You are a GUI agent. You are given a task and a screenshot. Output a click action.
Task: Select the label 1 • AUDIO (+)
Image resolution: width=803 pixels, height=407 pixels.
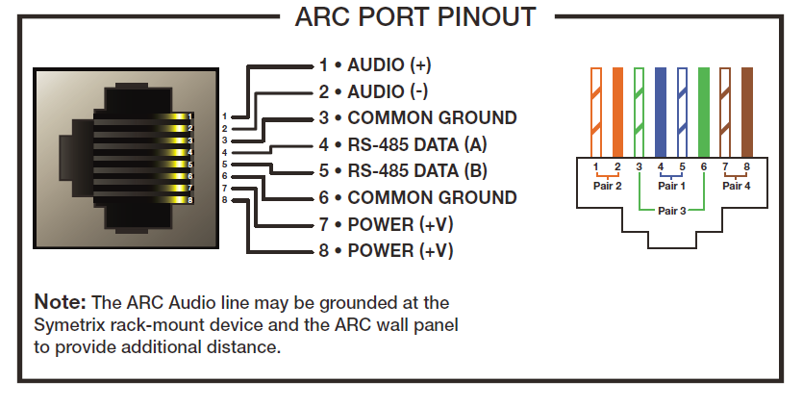click(375, 66)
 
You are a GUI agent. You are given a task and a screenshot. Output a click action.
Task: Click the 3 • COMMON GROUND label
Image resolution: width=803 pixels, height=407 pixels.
click(417, 118)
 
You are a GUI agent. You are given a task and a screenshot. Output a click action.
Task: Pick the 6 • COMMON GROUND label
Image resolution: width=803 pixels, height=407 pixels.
click(417, 197)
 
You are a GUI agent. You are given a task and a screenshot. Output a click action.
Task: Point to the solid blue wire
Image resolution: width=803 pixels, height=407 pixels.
click(661, 111)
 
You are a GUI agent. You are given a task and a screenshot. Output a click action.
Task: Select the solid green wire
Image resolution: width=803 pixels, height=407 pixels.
click(704, 111)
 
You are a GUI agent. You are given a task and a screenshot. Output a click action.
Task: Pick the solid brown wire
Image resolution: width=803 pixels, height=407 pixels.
click(746, 111)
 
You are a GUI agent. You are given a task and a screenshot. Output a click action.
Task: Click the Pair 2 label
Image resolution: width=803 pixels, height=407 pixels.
click(607, 187)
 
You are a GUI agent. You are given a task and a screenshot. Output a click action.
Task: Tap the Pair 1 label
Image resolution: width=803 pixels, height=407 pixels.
click(671, 187)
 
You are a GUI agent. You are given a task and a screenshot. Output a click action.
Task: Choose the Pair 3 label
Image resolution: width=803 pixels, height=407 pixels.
click(671, 210)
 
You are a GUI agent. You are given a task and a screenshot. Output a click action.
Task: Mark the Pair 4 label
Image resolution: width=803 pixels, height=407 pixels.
click(736, 187)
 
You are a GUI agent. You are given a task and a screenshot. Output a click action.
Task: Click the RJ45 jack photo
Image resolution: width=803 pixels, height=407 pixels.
click(117, 157)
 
